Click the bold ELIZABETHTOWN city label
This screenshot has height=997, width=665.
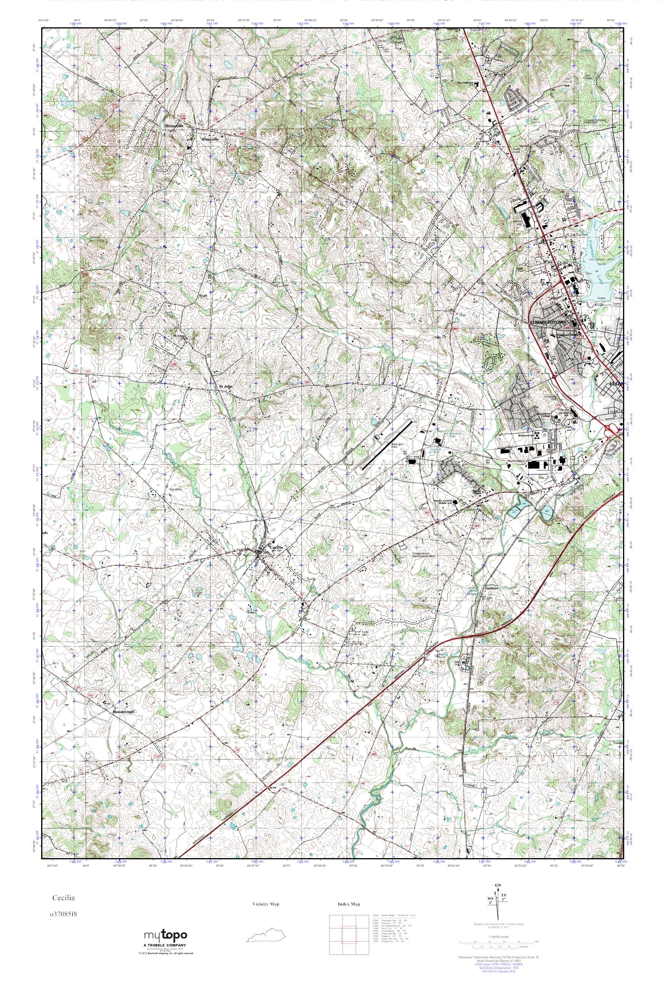coord(548,323)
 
